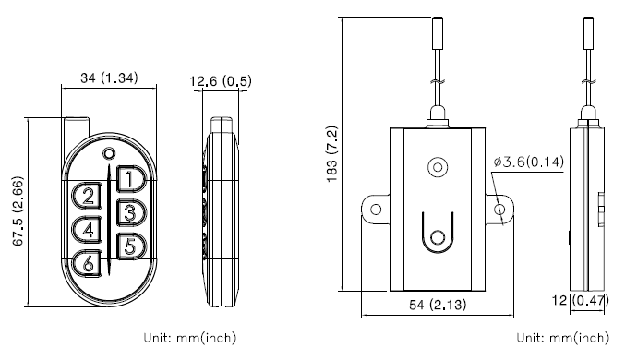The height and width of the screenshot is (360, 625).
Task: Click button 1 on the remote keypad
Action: point(131,179)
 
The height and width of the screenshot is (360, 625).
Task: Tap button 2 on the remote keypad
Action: point(87,196)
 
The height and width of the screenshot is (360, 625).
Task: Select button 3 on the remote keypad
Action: point(131,212)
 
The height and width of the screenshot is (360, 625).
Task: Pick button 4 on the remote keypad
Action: point(87,230)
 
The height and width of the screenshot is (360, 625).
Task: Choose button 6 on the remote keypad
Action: point(87,263)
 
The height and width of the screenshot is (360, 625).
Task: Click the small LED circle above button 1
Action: point(109,153)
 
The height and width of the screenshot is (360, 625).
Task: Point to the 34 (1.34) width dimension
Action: point(109,78)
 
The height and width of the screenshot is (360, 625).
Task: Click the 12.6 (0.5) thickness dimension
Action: point(221,81)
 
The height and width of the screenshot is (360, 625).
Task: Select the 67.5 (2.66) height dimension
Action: point(18,210)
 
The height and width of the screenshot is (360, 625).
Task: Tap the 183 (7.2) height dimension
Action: point(332,154)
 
